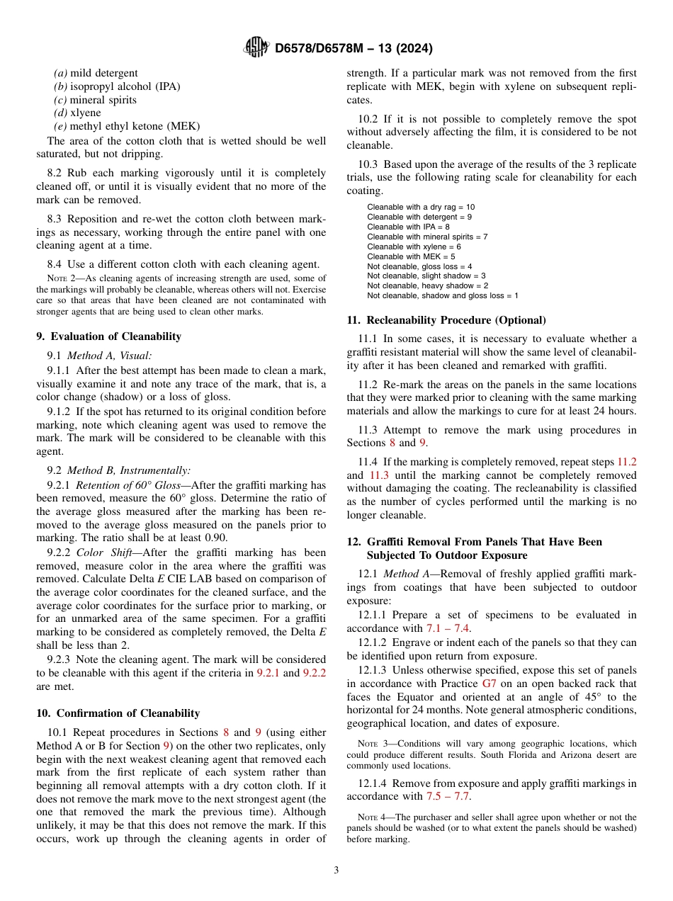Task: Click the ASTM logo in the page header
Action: coord(256,48)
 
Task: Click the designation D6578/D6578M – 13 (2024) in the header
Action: coord(353,49)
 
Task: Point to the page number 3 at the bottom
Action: coord(336,870)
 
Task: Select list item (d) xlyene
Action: coord(77,113)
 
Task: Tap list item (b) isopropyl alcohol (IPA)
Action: coord(117,86)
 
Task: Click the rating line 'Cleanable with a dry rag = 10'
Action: coord(421,207)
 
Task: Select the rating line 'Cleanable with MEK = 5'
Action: coord(411,256)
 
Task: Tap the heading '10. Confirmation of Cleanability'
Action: coord(118,713)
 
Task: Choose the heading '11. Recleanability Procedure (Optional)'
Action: coord(446,320)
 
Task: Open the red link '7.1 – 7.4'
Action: coord(448,628)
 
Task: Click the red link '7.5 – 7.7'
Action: coord(448,796)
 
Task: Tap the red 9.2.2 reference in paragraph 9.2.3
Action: coord(315,673)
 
